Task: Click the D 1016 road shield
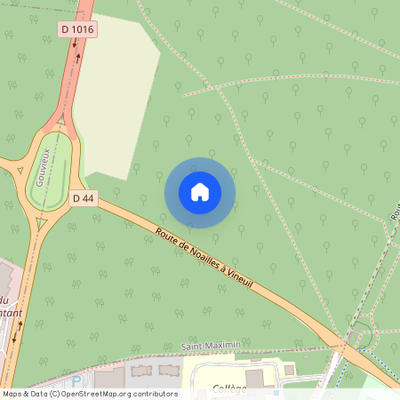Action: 78,29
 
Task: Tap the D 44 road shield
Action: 82,198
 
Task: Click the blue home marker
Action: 200,192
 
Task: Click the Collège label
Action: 229,388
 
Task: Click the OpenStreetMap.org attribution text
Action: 114,394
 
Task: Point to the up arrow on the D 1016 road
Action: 79,58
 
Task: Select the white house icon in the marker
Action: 200,192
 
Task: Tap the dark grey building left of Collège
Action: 255,378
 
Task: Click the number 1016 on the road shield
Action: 83,29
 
